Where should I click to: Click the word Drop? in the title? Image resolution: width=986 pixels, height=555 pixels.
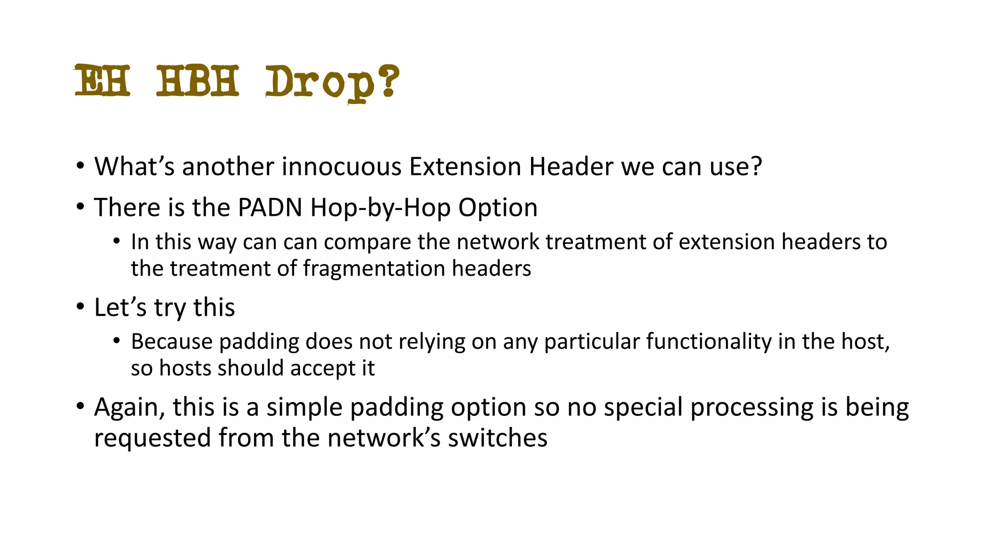(x=332, y=82)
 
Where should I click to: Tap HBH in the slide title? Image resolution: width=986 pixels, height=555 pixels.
(x=197, y=80)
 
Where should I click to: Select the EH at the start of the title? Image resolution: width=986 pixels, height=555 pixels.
(x=103, y=80)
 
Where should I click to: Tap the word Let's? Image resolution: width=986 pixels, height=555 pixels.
(x=120, y=307)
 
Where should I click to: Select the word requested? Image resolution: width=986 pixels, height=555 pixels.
(x=152, y=438)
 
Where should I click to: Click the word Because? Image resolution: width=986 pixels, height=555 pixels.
(x=171, y=341)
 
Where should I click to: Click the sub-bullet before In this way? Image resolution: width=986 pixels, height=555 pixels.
(x=117, y=241)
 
